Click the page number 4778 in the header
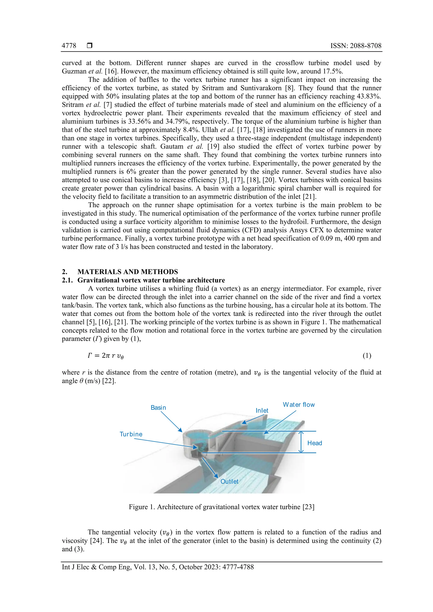tap(69, 46)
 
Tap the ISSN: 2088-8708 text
tap(356, 46)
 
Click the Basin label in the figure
tap(158, 408)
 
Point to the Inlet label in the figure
tap(262, 411)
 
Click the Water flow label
tap(299, 405)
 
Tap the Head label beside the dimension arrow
tap(315, 443)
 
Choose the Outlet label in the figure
tap(229, 481)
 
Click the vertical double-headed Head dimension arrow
tap(301, 442)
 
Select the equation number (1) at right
tap(367, 356)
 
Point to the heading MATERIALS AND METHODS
tap(127, 272)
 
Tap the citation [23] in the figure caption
tap(308, 507)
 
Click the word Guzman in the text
tap(74, 71)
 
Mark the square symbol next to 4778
tap(90, 46)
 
